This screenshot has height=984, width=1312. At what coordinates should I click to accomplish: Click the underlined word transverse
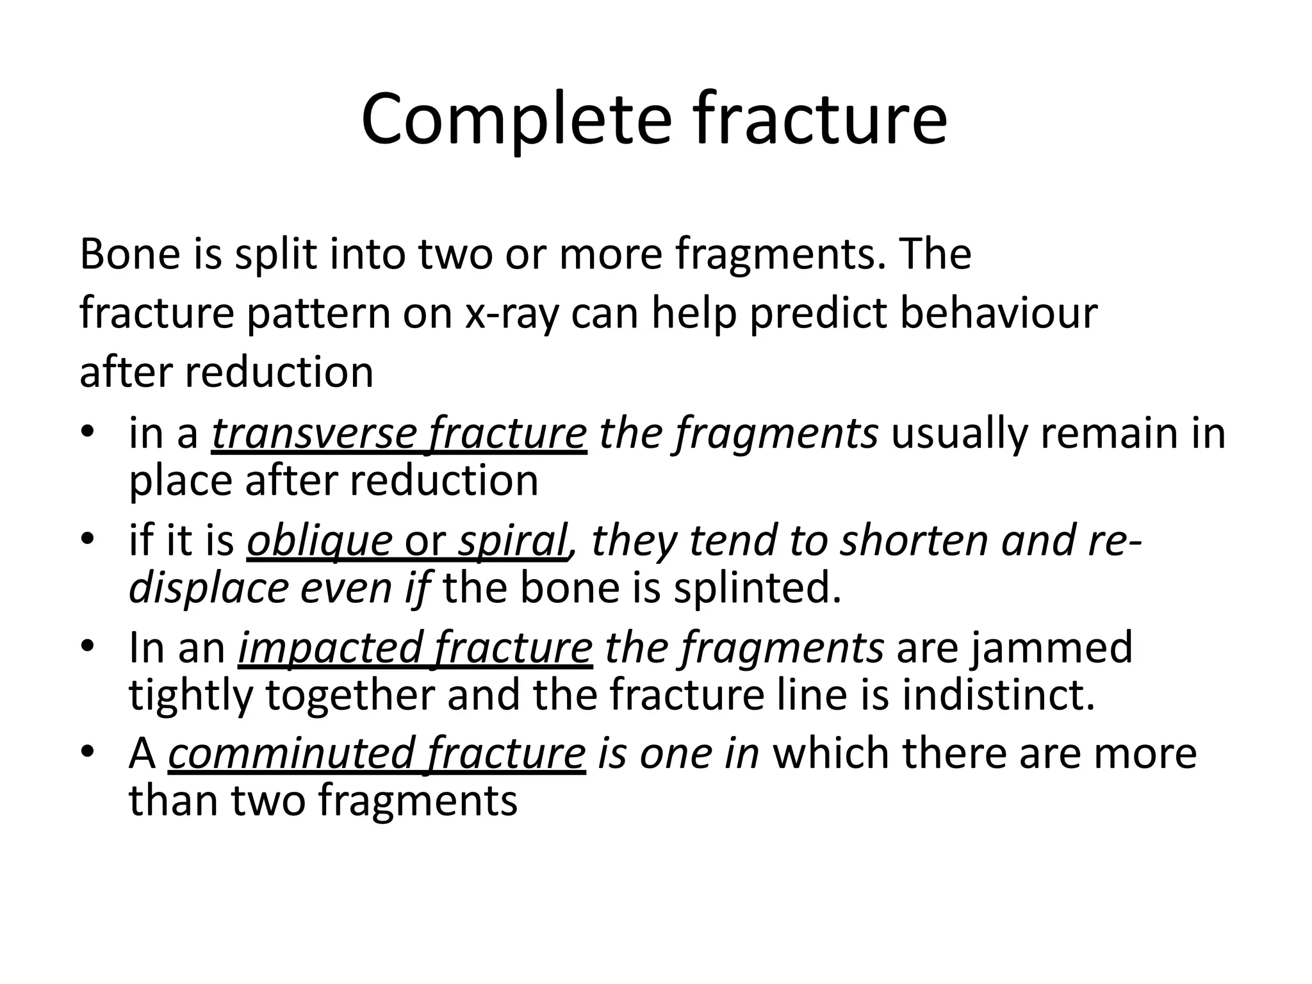pos(313,434)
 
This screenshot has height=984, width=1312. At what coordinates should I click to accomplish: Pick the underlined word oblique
pos(319,540)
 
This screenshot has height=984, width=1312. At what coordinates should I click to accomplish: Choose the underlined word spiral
pos(512,540)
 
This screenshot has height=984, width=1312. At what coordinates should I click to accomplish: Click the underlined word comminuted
pos(291,753)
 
